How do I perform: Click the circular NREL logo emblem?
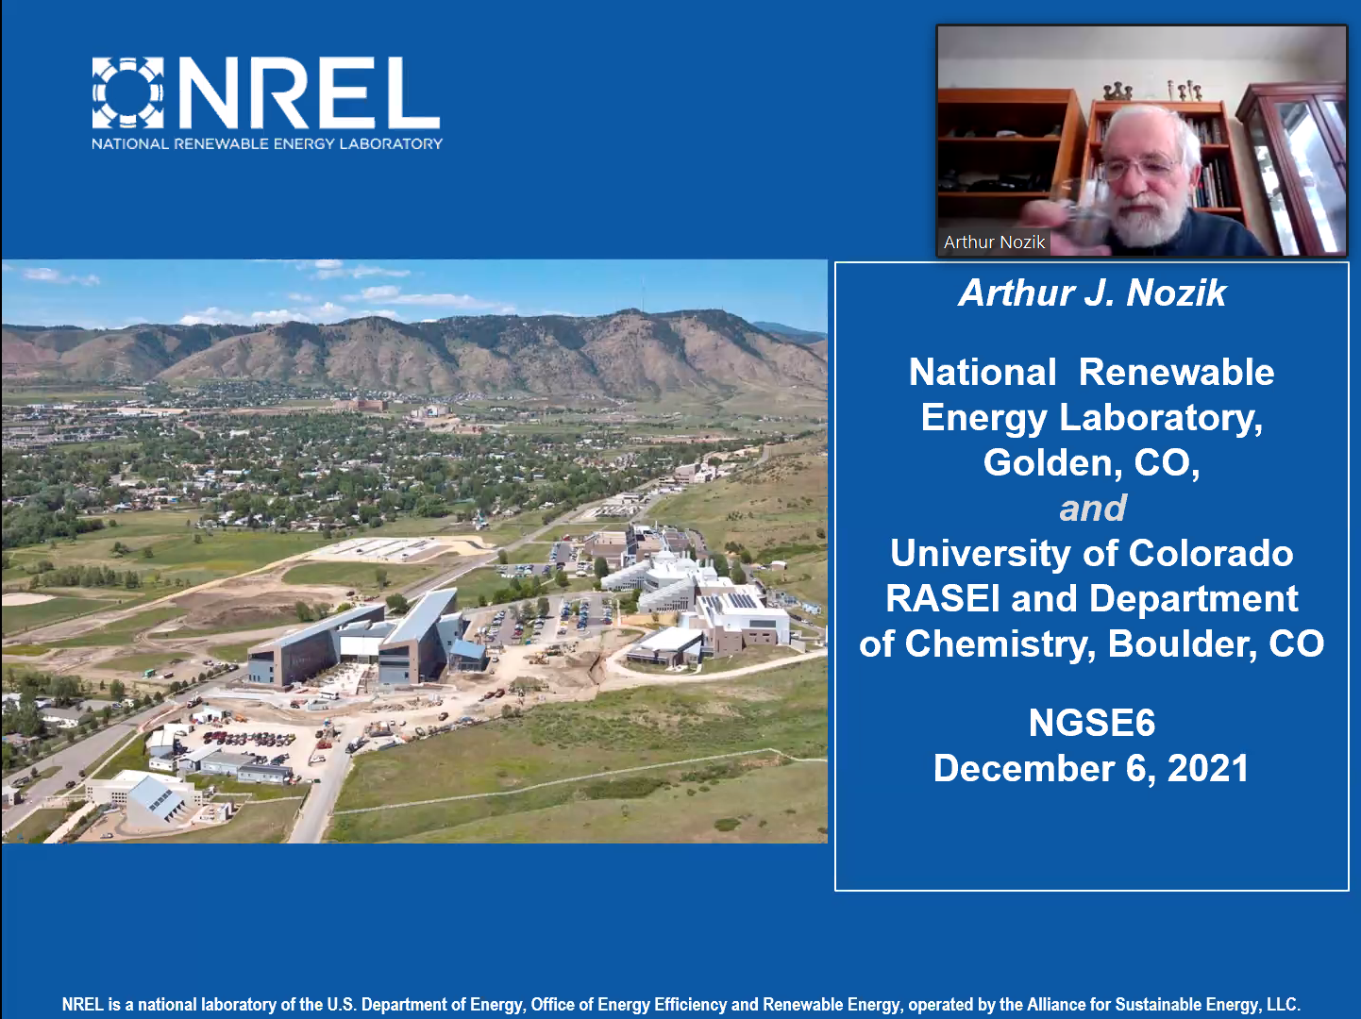click(127, 93)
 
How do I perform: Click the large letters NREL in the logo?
click(309, 93)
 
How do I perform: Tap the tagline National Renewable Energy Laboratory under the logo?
click(267, 143)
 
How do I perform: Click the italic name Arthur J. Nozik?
click(1092, 292)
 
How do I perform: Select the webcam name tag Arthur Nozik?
click(994, 242)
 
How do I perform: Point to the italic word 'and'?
click(1093, 509)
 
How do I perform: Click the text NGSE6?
click(1092, 723)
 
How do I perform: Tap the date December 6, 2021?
click(1091, 769)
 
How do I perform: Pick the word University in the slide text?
click(981, 554)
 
